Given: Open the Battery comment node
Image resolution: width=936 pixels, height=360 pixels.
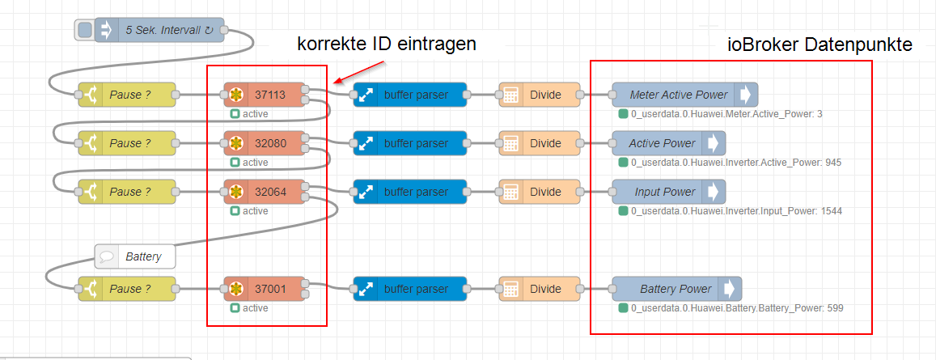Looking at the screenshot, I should pos(134,257).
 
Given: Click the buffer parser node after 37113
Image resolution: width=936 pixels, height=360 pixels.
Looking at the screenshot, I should pos(410,95).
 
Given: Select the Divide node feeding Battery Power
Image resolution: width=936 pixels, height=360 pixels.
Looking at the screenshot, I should pos(540,289).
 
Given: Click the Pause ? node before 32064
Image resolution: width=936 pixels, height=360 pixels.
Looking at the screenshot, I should pos(126,192).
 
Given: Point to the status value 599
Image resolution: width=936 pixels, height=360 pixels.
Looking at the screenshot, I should pos(835,308).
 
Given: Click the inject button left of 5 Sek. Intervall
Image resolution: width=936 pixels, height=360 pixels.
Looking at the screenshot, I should pos(83,31).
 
